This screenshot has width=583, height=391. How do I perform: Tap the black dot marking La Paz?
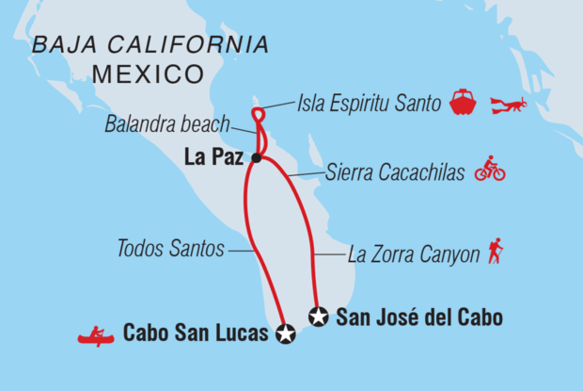coord(256,159)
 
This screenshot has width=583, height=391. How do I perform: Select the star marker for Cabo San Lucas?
coord(285,333)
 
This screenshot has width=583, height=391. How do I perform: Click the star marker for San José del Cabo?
coord(319,317)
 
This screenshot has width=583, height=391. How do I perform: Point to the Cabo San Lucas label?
coord(195,334)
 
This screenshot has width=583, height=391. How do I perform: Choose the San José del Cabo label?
coord(418,318)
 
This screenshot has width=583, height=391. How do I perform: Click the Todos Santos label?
coord(170,250)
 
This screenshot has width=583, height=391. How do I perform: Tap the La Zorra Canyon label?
coord(413,254)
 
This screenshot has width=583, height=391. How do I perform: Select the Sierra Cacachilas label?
coord(394,173)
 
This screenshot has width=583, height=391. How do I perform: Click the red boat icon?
coord(464,102)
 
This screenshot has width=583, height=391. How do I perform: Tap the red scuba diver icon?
coord(509,104)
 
